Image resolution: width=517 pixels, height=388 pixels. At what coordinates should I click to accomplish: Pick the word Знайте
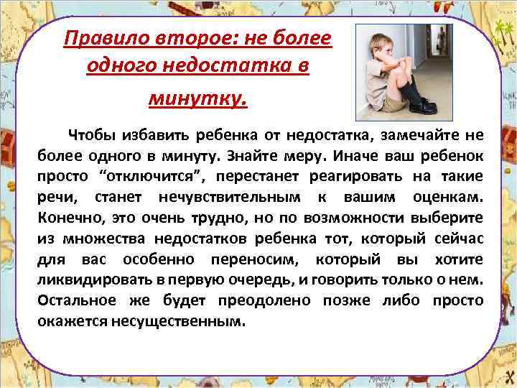point(254,155)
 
